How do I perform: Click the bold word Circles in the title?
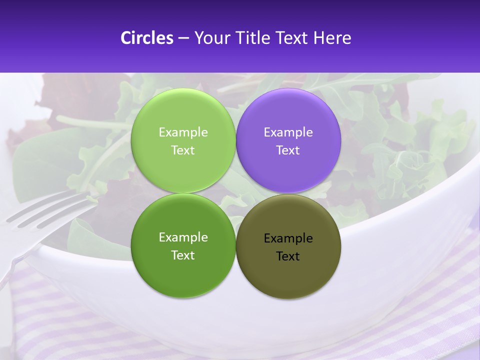pos(146,38)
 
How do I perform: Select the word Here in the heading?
pos(332,38)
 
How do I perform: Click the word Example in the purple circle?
pos(288,132)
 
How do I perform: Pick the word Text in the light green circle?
pos(183,150)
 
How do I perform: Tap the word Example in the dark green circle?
pos(183,237)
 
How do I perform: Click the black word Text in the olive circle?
pos(288,256)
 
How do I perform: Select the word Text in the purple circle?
pos(288,150)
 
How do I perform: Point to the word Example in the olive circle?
pos(288,238)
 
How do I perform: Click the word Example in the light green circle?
pos(183,132)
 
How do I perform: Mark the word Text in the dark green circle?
pos(183,255)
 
